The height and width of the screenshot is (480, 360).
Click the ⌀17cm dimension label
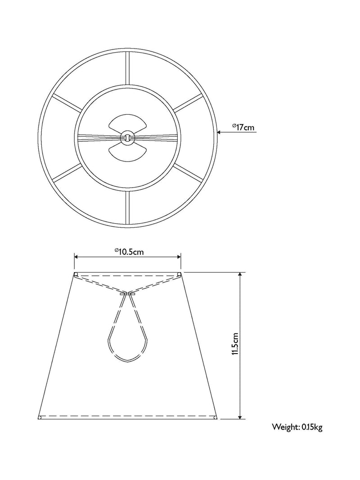click(243, 127)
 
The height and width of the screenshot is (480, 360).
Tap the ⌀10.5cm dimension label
click(129, 251)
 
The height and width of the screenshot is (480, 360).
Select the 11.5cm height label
click(235, 344)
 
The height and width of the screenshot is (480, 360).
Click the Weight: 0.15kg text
click(297, 427)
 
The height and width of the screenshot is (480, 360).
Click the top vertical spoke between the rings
click(127, 68)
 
